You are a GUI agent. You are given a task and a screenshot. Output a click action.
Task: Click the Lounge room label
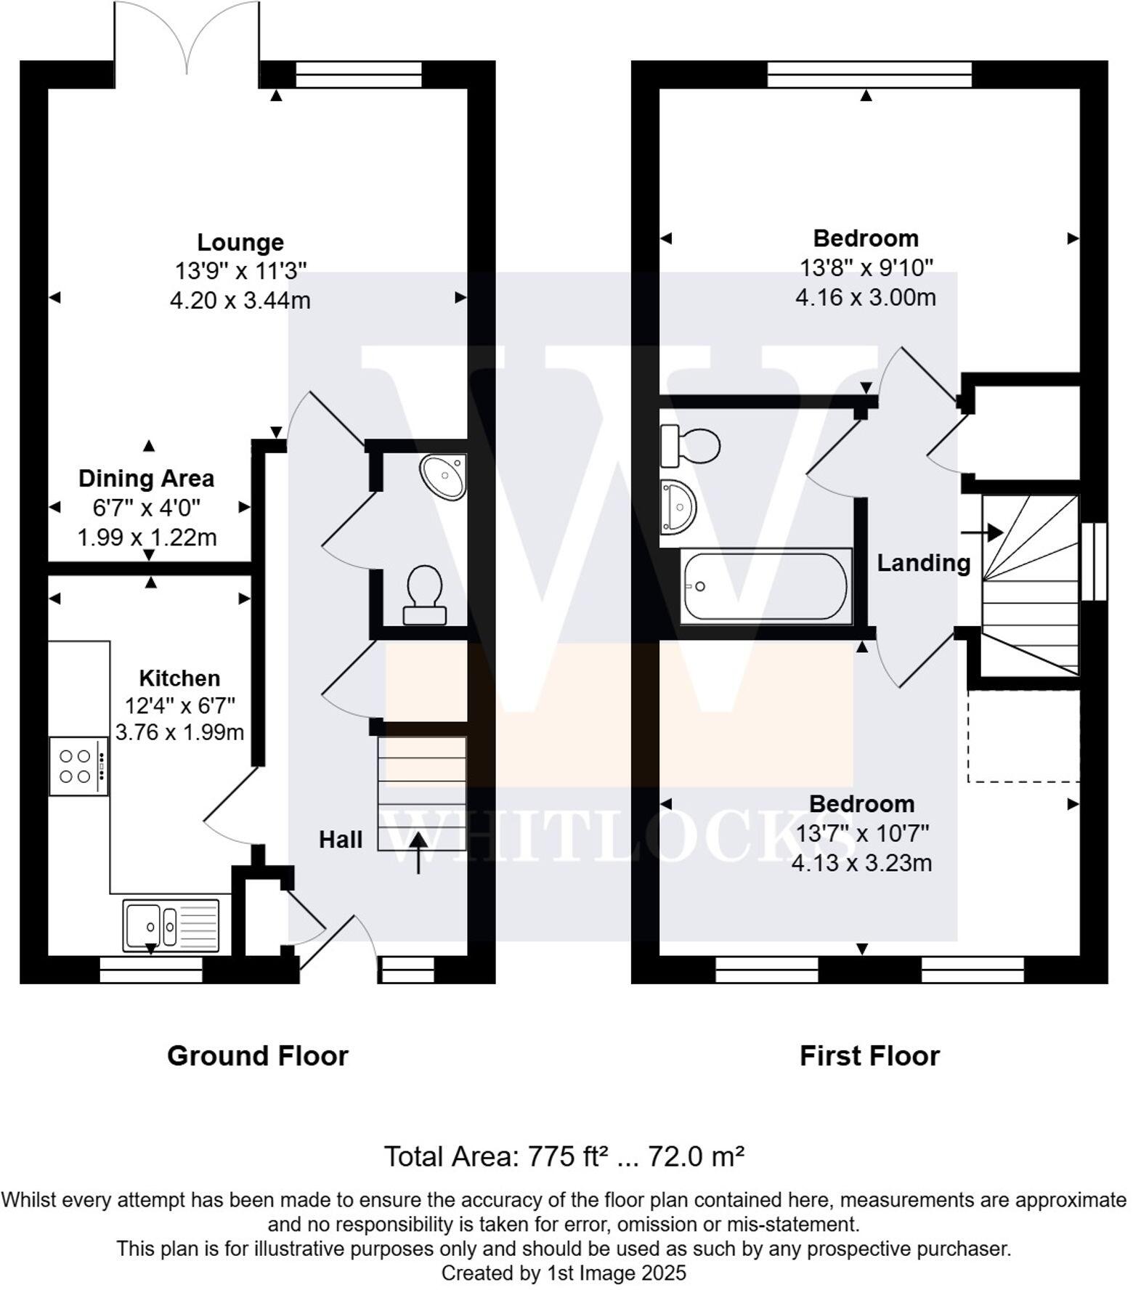240,242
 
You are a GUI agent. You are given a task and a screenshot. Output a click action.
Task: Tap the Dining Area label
146,479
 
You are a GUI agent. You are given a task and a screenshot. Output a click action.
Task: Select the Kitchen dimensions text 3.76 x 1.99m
179,732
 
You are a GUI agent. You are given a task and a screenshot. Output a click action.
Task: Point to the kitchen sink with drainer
171,925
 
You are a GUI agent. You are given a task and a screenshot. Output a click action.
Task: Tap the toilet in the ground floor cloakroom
425,595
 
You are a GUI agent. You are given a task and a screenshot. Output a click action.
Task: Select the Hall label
341,840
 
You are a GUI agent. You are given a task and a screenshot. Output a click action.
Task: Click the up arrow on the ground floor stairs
418,853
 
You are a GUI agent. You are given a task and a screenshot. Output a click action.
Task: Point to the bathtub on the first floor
766,586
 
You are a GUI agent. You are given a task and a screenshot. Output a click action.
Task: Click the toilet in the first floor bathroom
690,445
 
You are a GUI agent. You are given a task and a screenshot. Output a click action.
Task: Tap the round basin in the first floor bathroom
678,507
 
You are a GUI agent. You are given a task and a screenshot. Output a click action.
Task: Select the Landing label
923,563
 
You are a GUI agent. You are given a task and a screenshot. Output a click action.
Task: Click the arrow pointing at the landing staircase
982,532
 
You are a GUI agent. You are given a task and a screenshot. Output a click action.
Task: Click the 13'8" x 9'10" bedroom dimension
866,268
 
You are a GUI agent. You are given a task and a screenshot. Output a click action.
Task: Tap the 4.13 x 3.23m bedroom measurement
861,863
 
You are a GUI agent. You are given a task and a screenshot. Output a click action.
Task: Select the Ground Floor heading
258,1055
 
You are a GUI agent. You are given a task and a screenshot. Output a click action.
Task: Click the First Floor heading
869,1055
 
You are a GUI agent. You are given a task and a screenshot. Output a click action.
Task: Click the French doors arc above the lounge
187,36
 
